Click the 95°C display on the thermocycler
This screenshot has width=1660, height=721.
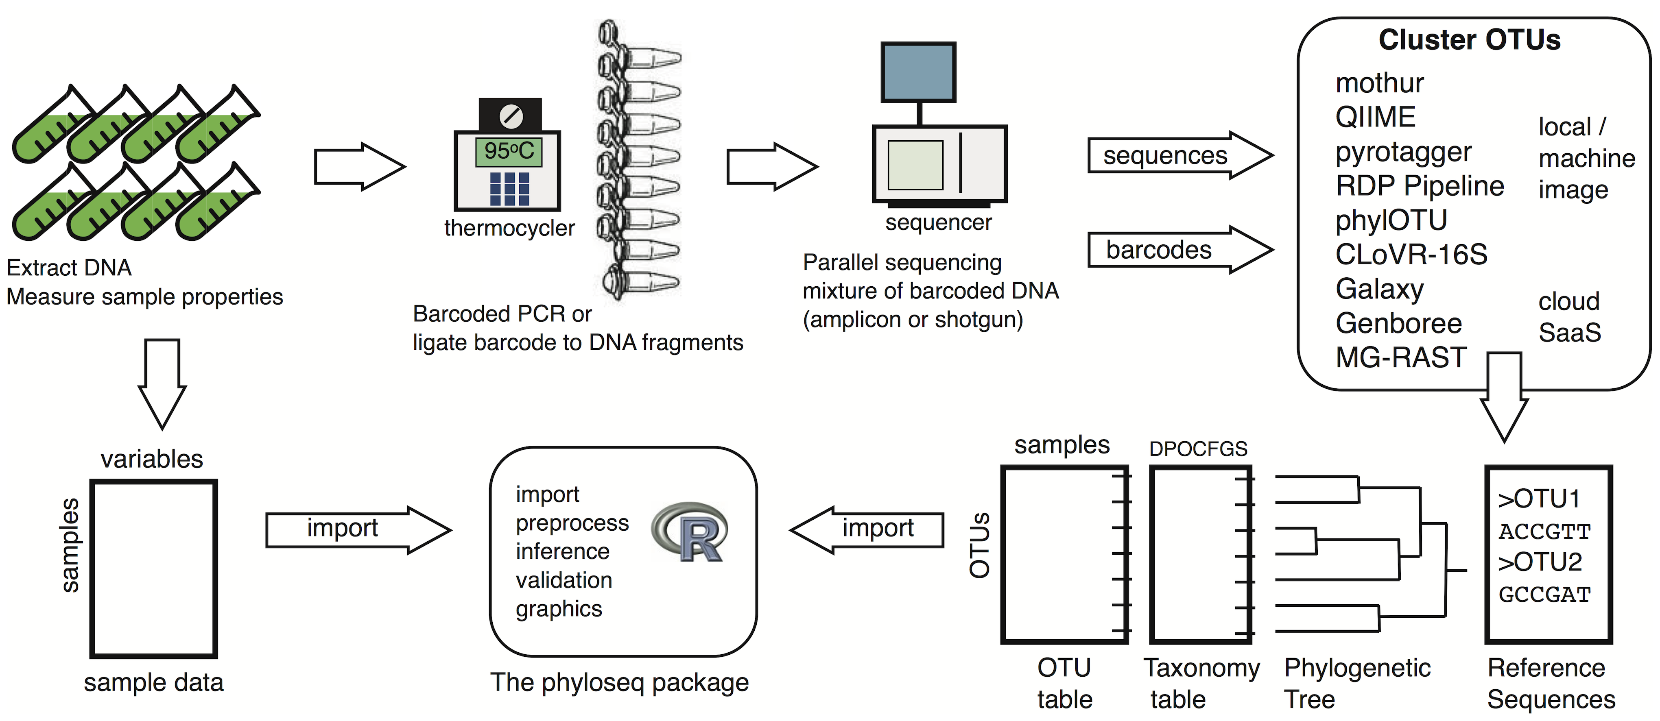[x=509, y=151]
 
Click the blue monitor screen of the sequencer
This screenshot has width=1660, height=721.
[x=918, y=72]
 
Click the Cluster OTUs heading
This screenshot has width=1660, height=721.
[x=1469, y=40]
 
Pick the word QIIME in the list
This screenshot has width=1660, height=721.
[x=1375, y=117]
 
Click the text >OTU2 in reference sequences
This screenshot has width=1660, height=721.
[x=1540, y=562]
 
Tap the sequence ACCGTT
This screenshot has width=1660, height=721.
[x=1544, y=531]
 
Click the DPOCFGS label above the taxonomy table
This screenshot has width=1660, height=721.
[x=1198, y=449]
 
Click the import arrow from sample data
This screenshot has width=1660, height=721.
[x=358, y=529]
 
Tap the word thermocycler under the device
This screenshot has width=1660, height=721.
[x=509, y=228]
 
